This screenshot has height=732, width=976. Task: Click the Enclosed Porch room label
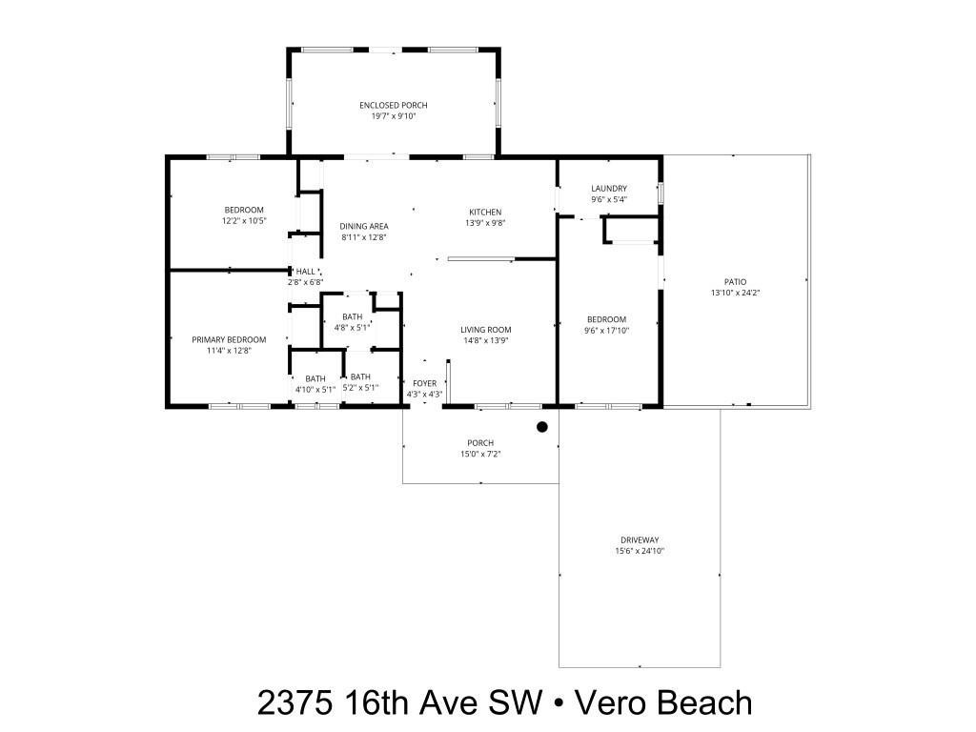point(393,105)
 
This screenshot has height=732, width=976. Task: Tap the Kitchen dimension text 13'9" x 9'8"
point(484,223)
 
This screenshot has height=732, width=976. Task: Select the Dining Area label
point(364,226)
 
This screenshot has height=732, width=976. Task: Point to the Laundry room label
point(608,189)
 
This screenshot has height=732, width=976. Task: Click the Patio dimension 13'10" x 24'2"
point(735,293)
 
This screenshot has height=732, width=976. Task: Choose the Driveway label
point(639,540)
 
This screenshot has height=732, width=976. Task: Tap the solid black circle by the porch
point(542,427)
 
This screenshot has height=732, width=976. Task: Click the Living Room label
point(486,330)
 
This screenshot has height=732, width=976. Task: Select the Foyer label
point(424,383)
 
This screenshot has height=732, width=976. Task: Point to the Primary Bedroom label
point(229,339)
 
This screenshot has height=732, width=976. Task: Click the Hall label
point(305,272)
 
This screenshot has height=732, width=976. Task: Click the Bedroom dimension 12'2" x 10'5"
point(244,221)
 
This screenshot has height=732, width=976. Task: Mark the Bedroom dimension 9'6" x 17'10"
point(607,330)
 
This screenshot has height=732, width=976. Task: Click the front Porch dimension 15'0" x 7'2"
point(480,454)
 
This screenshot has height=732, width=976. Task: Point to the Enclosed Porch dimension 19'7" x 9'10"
point(393,116)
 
